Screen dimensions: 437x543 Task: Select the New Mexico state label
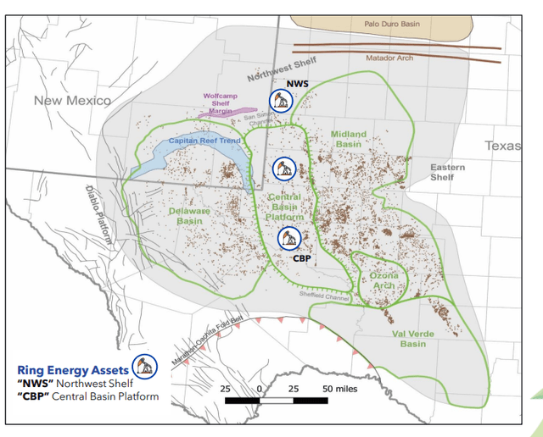72,101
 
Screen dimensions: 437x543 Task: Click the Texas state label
502,146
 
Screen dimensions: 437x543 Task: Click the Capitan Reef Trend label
200,141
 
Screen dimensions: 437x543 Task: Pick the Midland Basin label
348,140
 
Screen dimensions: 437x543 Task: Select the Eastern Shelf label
447,172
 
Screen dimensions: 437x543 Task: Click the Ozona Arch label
383,280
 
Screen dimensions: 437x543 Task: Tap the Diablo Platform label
98,207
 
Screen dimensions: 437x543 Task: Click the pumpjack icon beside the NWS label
280,101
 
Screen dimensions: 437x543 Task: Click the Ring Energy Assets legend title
73,370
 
